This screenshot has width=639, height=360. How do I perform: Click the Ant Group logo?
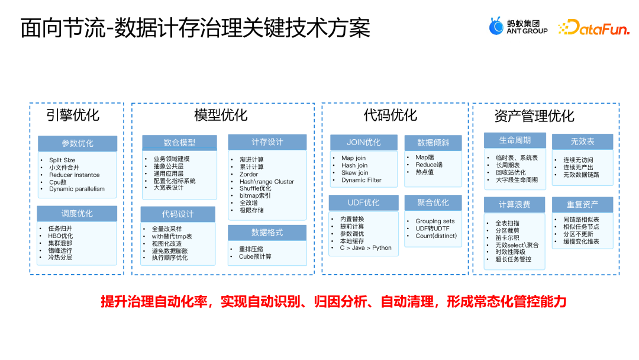(x=518, y=26)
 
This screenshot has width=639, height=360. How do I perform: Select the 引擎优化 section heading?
(x=73, y=114)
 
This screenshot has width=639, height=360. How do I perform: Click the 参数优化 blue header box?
(x=78, y=143)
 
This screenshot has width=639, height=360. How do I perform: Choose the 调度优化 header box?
(x=77, y=213)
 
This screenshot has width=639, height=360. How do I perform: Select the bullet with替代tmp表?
(x=172, y=236)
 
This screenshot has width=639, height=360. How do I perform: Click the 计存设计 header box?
(x=267, y=142)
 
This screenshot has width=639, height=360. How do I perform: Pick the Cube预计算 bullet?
(x=254, y=256)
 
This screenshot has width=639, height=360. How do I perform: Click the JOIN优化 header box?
(x=364, y=142)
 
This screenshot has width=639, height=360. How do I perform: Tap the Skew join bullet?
(x=354, y=173)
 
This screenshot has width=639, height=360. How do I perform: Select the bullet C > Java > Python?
(x=365, y=247)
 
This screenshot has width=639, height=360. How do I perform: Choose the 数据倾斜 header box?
(x=433, y=143)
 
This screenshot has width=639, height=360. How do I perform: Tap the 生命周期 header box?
(x=515, y=140)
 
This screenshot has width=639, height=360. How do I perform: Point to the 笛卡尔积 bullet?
(x=508, y=237)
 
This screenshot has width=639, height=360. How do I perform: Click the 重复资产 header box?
(x=583, y=204)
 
